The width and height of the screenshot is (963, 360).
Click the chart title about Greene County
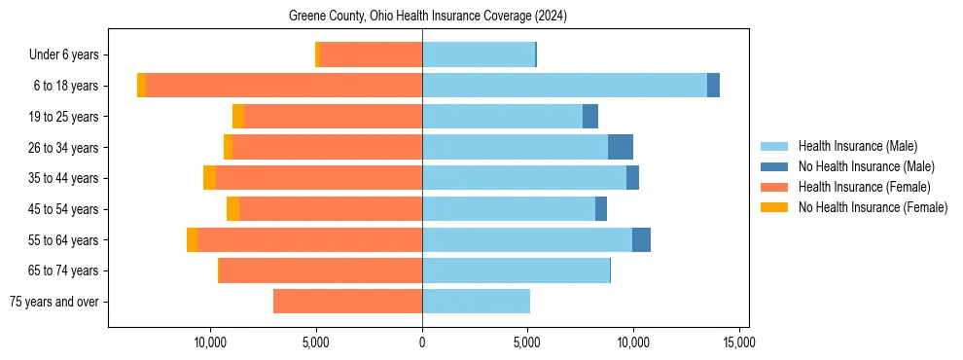pos(428,17)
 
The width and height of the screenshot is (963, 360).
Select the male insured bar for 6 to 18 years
pos(564,86)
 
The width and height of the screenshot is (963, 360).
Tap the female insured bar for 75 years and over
pos(347,302)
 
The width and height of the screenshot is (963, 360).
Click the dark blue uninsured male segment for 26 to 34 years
pos(621,147)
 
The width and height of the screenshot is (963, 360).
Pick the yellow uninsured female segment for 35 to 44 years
pos(209,178)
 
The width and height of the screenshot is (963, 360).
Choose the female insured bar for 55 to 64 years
pos(309,240)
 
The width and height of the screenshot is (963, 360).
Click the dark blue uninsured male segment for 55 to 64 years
pos(641,240)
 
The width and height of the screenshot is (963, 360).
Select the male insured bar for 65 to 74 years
pos(516,270)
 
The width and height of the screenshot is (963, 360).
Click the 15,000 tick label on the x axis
pos(738,342)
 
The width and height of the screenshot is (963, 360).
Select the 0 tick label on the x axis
pos(422,342)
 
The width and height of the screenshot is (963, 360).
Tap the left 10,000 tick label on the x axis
pos(210,342)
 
